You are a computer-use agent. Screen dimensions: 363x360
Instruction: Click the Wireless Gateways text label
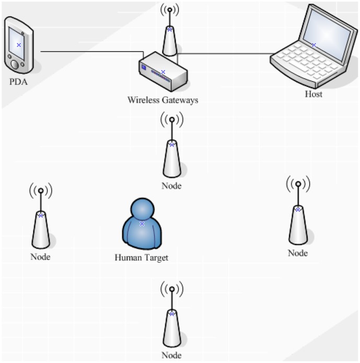pos(163,99)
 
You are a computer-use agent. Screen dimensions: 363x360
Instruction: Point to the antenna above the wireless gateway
pos(169,34)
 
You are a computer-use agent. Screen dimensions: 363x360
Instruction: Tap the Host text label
pos(313,95)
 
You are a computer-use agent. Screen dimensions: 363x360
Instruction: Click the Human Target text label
pos(142,257)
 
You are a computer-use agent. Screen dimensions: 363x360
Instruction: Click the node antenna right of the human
pos(297,220)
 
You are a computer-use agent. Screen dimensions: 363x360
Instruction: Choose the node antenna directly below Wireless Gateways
pos(172,154)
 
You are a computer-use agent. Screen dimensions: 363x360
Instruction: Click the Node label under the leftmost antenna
pos(40,257)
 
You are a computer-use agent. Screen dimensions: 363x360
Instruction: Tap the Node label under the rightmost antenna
pos(297,253)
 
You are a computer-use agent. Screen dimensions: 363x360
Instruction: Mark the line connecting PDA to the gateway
pos(89,52)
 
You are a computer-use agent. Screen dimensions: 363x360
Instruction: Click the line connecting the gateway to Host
pos(225,53)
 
